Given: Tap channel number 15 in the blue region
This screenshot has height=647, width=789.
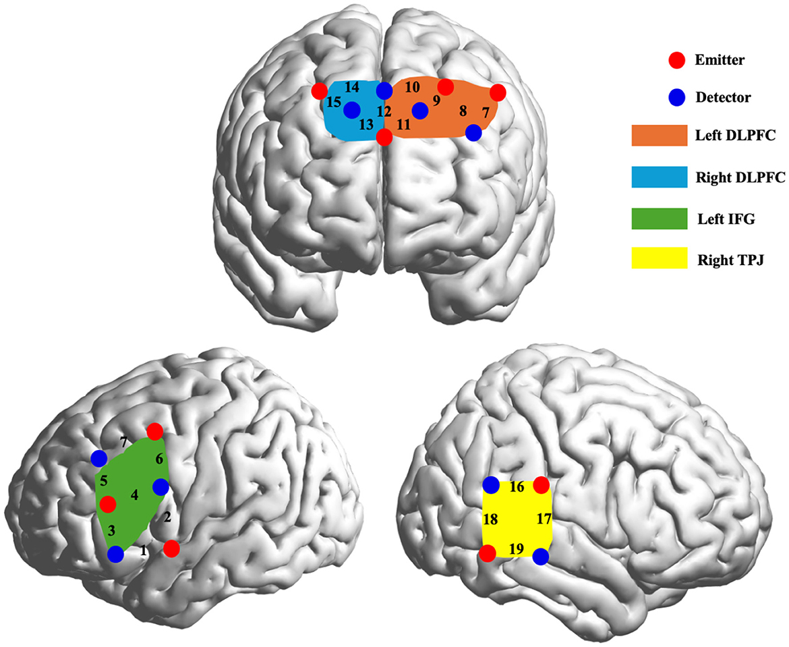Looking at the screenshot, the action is [333, 103].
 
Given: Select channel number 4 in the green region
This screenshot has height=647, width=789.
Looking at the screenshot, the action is [134, 495].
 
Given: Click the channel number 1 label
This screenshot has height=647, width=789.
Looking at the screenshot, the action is [144, 550].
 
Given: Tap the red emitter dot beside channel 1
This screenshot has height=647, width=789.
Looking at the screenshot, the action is [171, 548].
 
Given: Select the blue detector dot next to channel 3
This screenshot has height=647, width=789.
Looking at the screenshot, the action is [115, 554].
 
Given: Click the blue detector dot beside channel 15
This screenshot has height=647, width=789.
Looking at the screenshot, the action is [351, 109].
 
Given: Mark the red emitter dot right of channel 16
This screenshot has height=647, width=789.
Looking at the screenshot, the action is [541, 484].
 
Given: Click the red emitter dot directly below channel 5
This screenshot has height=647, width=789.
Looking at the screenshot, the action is [107, 503].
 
